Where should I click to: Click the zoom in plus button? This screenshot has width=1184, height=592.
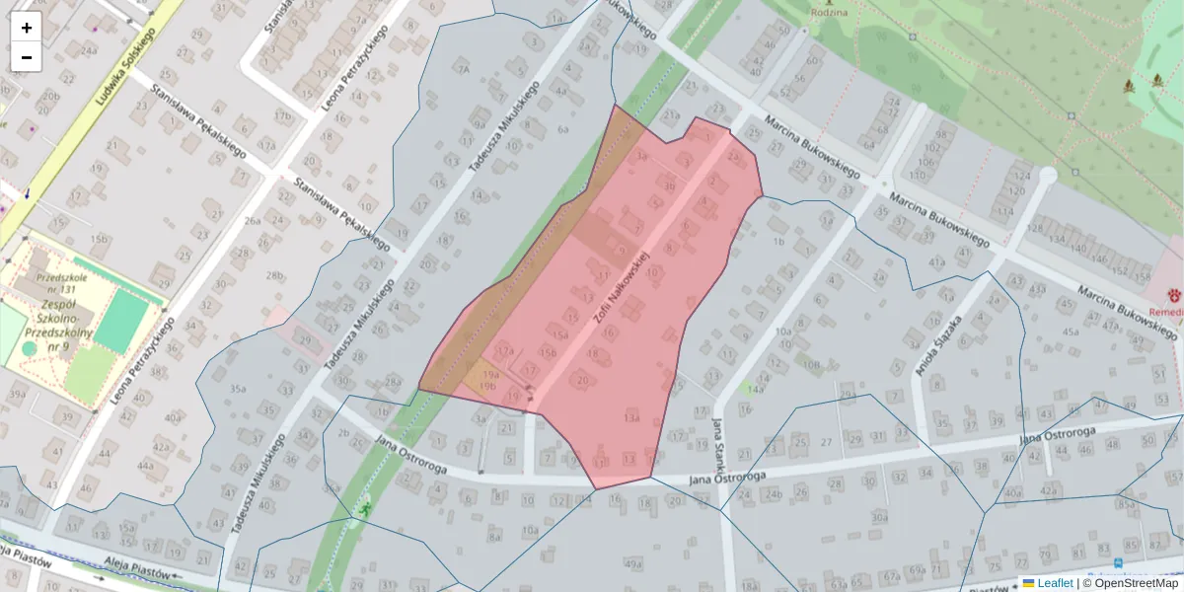click(x=27, y=28)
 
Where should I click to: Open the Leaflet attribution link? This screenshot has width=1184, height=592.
click(x=1055, y=583)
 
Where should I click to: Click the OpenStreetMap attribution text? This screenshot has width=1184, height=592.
click(x=1136, y=583)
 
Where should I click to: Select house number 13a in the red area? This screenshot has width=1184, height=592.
click(x=632, y=418)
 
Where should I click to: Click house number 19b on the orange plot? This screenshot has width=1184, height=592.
click(x=487, y=387)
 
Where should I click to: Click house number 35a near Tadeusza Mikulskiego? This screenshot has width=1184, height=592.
click(x=238, y=389)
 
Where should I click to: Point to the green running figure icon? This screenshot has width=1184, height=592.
click(x=365, y=509)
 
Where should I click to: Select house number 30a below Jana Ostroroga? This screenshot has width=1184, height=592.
click(x=880, y=516)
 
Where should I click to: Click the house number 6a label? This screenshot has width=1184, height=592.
click(x=563, y=129)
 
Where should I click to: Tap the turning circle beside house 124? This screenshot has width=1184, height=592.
click(x=1048, y=176)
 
